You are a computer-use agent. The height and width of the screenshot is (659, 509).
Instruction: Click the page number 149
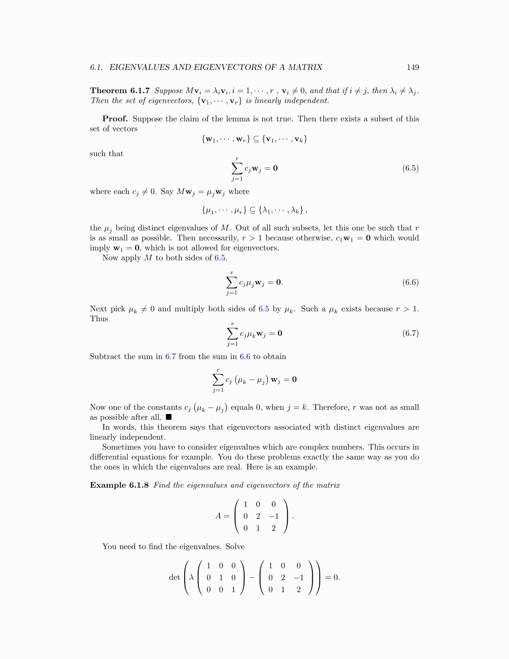413,67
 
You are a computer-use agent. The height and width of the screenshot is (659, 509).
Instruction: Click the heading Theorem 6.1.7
120,91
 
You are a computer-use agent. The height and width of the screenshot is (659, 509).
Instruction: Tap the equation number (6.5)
410,168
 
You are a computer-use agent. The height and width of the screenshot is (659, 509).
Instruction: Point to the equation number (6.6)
410,282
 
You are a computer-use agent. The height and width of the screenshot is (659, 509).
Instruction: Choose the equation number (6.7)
410,333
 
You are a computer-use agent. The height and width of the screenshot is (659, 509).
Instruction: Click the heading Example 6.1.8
119,485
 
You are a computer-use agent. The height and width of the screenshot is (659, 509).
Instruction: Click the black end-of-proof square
168,417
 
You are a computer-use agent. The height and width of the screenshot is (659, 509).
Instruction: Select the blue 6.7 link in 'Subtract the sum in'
170,357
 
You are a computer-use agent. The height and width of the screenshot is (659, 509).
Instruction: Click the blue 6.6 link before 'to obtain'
245,357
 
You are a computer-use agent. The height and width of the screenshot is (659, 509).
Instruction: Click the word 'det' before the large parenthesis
174,577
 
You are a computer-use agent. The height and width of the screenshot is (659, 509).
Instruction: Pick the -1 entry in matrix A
273,516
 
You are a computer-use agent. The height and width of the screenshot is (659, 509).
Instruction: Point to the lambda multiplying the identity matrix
191,577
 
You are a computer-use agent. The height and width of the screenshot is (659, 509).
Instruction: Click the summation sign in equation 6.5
237,168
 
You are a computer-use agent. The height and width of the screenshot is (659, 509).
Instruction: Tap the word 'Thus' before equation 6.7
99,319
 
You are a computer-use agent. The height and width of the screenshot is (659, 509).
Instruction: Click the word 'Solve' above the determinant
235,547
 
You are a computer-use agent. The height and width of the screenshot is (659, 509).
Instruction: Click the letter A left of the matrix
218,516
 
